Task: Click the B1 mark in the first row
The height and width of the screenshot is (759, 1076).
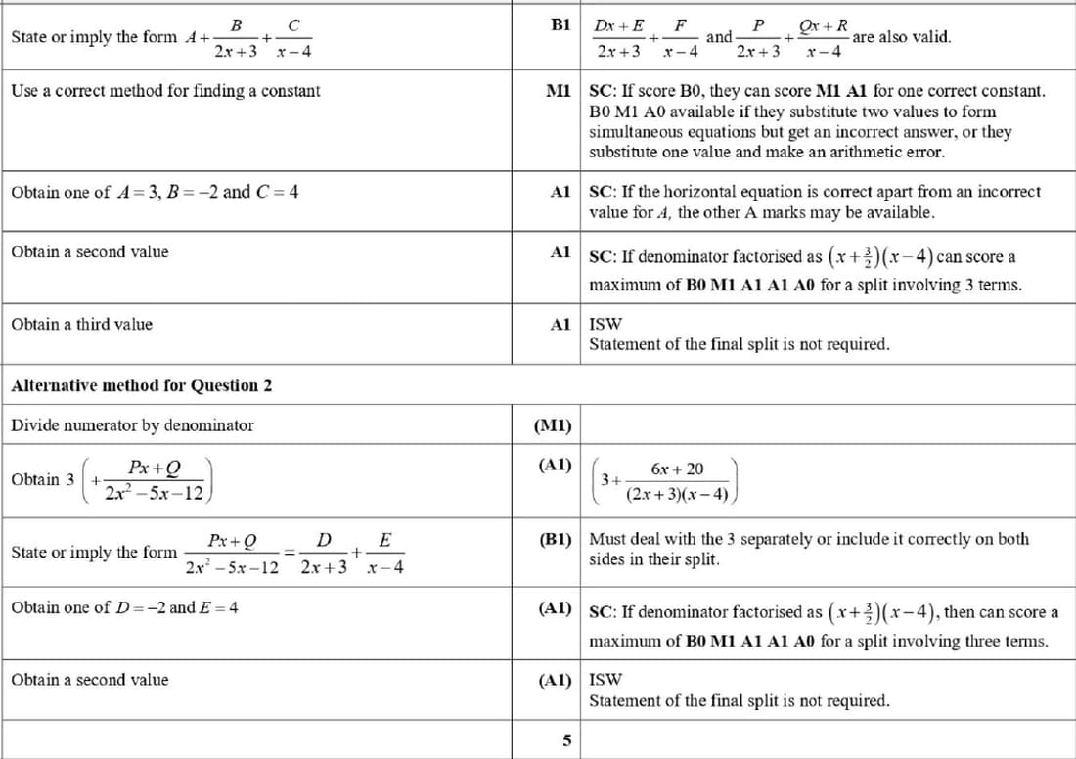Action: click(x=560, y=24)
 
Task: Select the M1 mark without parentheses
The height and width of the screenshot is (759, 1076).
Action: click(x=559, y=91)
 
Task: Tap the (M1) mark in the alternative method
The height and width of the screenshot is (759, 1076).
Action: click(x=555, y=425)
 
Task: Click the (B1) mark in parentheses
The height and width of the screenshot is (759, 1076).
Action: click(x=555, y=539)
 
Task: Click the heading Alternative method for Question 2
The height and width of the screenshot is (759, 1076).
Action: click(x=141, y=385)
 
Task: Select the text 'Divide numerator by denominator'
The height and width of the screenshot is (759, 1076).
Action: click(x=132, y=425)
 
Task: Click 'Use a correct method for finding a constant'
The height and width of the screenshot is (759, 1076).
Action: click(x=165, y=91)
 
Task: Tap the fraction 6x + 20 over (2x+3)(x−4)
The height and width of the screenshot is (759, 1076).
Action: click(x=678, y=481)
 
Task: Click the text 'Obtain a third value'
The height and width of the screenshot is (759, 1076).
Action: click(x=81, y=324)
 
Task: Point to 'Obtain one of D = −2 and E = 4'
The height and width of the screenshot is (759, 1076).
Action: click(x=124, y=607)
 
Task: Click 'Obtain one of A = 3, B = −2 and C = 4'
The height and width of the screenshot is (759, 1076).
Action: click(x=155, y=192)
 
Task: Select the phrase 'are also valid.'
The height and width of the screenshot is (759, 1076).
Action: click(x=901, y=37)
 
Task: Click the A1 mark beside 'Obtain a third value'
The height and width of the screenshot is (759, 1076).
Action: click(x=560, y=324)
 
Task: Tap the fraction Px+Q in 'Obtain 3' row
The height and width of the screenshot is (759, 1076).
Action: click(x=154, y=480)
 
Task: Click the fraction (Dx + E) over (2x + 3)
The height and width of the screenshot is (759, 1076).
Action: click(x=619, y=37)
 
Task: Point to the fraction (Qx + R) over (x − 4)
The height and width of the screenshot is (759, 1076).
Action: click(x=824, y=37)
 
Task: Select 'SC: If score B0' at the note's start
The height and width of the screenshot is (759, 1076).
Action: click(x=641, y=91)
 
